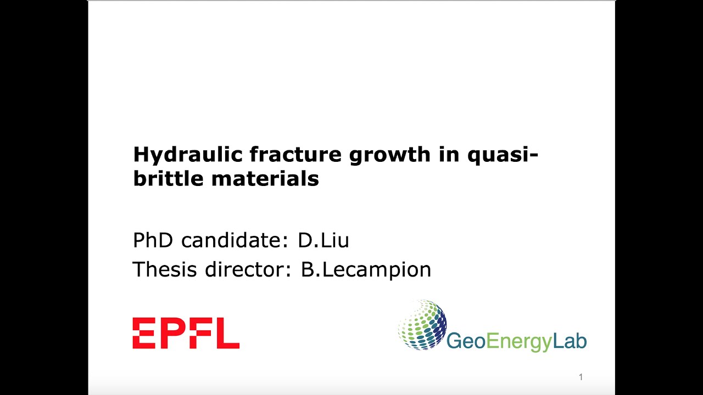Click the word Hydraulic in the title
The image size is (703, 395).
[188, 155]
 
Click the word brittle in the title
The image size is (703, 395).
[164, 179]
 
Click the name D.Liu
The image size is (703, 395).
[323, 240]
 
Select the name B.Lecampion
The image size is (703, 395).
[366, 270]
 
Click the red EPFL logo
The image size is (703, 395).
[186, 334]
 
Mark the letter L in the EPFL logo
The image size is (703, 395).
[228, 334]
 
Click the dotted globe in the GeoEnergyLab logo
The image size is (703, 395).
[422, 324]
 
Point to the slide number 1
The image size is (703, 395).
[581, 377]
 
